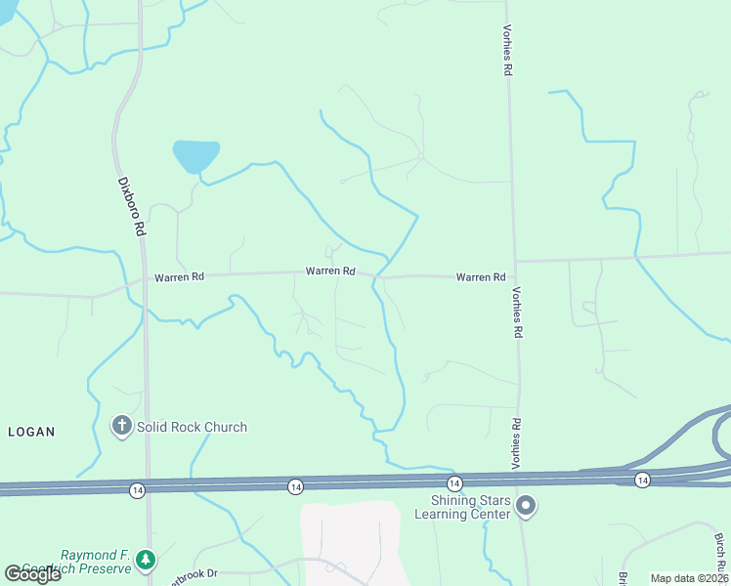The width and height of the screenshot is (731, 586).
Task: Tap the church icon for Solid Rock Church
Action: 121,427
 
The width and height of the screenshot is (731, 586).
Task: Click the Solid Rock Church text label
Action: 192,427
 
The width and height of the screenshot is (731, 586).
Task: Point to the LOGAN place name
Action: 31,431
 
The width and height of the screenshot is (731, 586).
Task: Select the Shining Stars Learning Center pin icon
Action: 526,505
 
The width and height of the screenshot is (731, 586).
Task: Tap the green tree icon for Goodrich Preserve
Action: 146,560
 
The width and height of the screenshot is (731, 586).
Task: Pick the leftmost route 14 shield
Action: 137,487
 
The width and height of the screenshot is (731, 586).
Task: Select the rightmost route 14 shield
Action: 641,479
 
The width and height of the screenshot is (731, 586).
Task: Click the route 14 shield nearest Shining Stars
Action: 454,483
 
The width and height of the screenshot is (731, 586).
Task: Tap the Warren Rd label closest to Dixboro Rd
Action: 179,277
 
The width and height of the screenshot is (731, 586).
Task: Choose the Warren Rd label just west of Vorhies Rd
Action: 480,277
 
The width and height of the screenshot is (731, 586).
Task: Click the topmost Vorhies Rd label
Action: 508,52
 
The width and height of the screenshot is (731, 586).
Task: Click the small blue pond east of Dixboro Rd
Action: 195,155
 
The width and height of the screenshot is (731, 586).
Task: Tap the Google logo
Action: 32,574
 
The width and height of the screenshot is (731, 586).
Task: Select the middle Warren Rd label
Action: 329,271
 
